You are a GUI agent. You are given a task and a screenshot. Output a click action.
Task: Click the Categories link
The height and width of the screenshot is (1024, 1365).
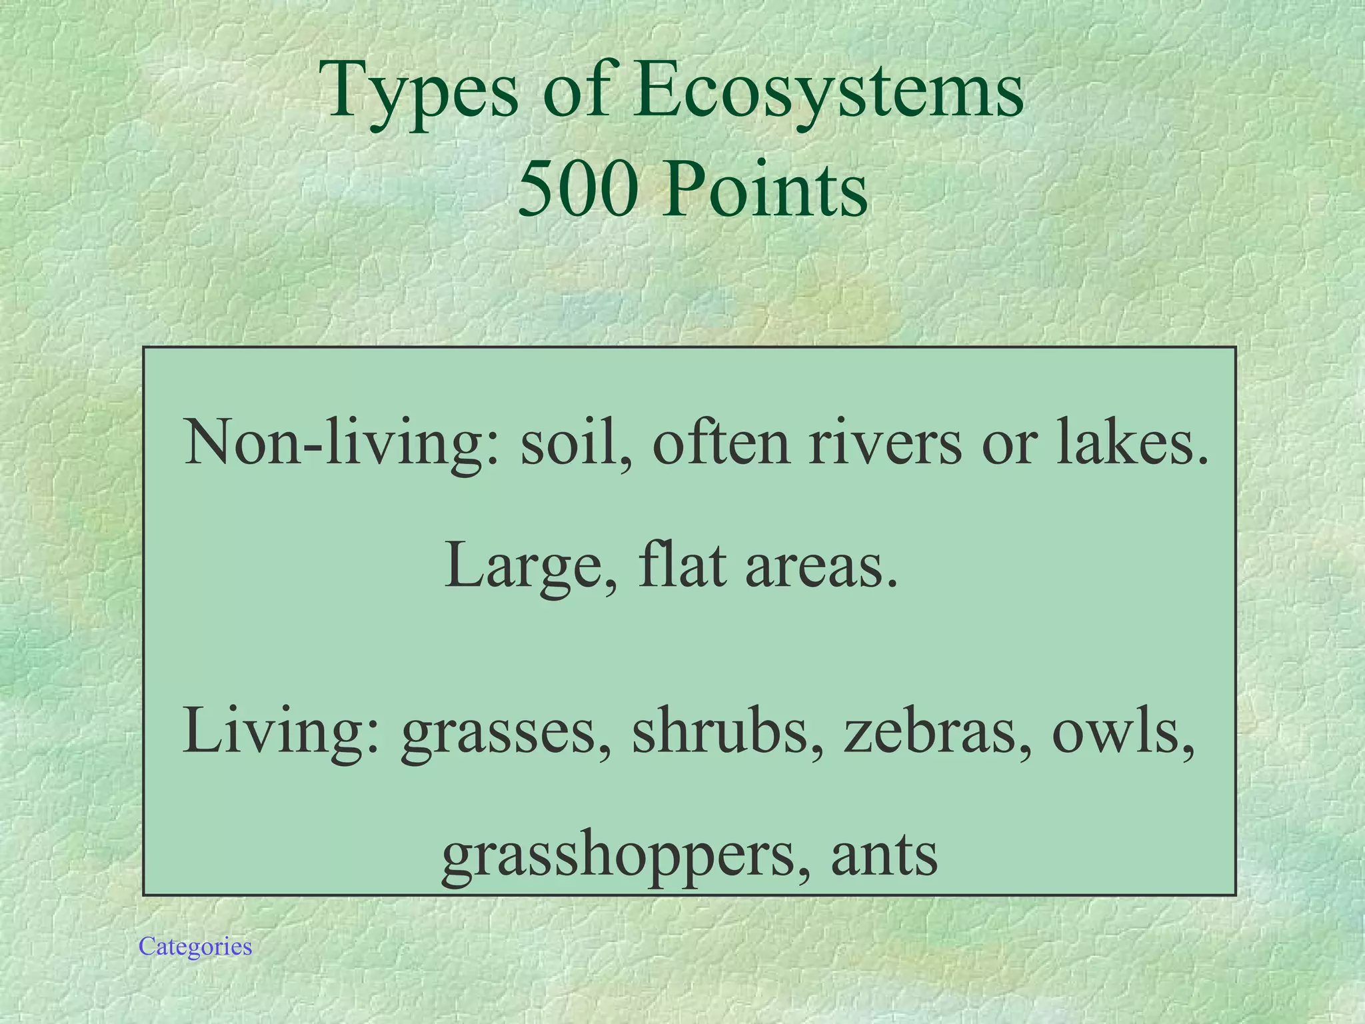195,947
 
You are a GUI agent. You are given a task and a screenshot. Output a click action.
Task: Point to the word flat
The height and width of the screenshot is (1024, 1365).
682,565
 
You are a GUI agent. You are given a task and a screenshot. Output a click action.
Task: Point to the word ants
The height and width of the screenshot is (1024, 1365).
884,855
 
